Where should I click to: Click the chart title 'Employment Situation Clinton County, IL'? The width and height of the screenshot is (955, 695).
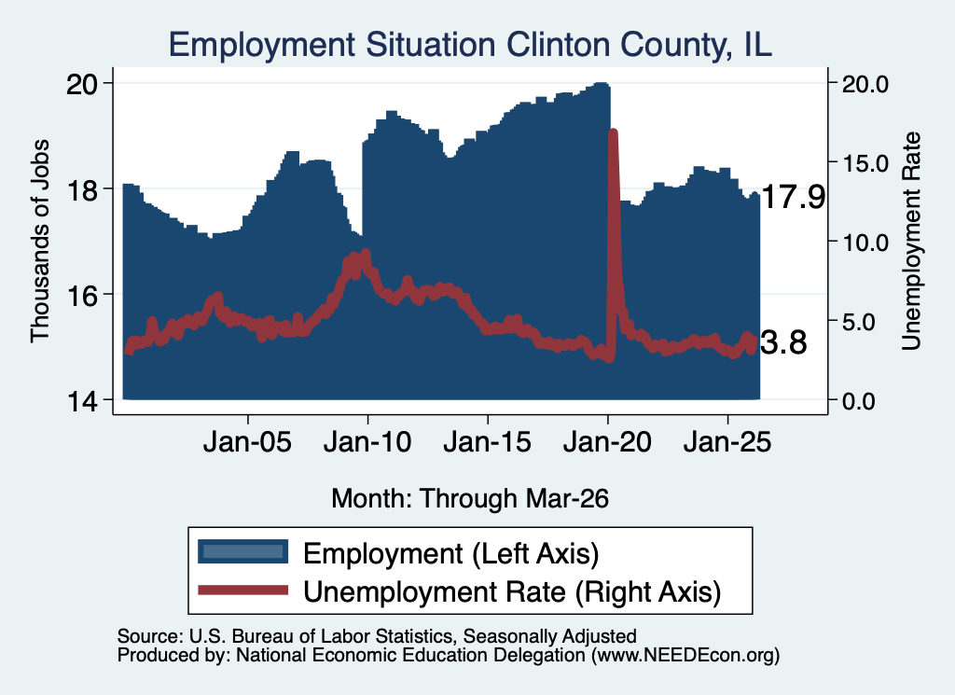470,45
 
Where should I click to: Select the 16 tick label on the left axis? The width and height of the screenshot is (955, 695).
82,295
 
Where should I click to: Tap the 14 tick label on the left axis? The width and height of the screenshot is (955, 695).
82,401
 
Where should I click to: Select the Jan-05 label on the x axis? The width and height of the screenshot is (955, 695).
247,442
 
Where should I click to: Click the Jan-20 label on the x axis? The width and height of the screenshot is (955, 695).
607,442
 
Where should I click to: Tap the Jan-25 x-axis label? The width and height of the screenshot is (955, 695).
727,442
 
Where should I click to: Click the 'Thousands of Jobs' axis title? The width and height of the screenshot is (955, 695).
39,242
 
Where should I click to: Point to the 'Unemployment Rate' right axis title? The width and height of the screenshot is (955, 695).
911,242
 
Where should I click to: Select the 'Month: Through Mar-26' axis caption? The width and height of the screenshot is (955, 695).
470,498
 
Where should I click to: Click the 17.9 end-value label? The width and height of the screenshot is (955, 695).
793,197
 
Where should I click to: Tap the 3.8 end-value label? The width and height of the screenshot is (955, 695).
783,342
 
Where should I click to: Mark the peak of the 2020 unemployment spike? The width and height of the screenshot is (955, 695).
614,131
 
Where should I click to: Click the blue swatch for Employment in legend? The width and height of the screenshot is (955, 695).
243,552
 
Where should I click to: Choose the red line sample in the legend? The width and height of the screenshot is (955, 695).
243,590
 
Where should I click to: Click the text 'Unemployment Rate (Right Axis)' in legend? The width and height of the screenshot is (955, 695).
512,591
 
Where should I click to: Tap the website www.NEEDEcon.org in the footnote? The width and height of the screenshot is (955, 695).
685,656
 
